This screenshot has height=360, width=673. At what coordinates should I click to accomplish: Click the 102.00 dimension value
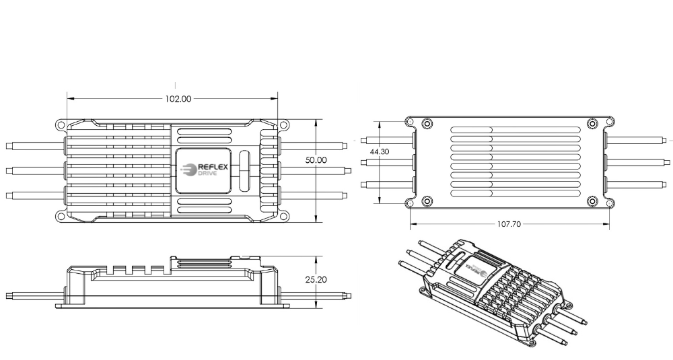(x=178, y=98)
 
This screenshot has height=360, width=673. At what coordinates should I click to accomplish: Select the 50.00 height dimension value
(x=316, y=160)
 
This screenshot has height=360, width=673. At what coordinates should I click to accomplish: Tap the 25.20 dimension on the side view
(x=316, y=279)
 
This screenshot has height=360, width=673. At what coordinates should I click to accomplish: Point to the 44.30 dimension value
(x=380, y=152)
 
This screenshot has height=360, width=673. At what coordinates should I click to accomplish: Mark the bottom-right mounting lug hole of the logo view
(x=283, y=217)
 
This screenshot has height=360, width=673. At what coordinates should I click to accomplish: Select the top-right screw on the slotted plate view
(x=592, y=123)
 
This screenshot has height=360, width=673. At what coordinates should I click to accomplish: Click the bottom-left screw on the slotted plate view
(x=426, y=201)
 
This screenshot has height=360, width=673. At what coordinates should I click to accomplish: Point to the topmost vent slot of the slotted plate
(x=515, y=130)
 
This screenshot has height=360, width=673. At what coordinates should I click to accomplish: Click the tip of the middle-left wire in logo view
(x=7, y=170)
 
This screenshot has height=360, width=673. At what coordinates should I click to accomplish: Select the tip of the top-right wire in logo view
(x=344, y=145)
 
